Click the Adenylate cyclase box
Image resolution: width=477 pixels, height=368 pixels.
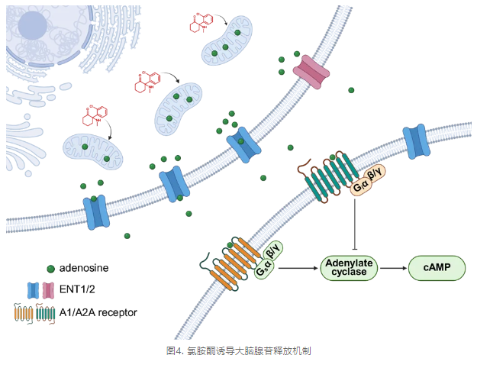tap(348, 268)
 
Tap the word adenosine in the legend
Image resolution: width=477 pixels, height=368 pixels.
tap(84, 268)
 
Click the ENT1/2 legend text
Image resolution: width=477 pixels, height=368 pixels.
tap(79, 290)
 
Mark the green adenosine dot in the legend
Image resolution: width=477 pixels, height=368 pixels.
tap(50, 269)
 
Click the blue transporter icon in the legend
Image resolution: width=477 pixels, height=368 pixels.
tap(34, 290)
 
